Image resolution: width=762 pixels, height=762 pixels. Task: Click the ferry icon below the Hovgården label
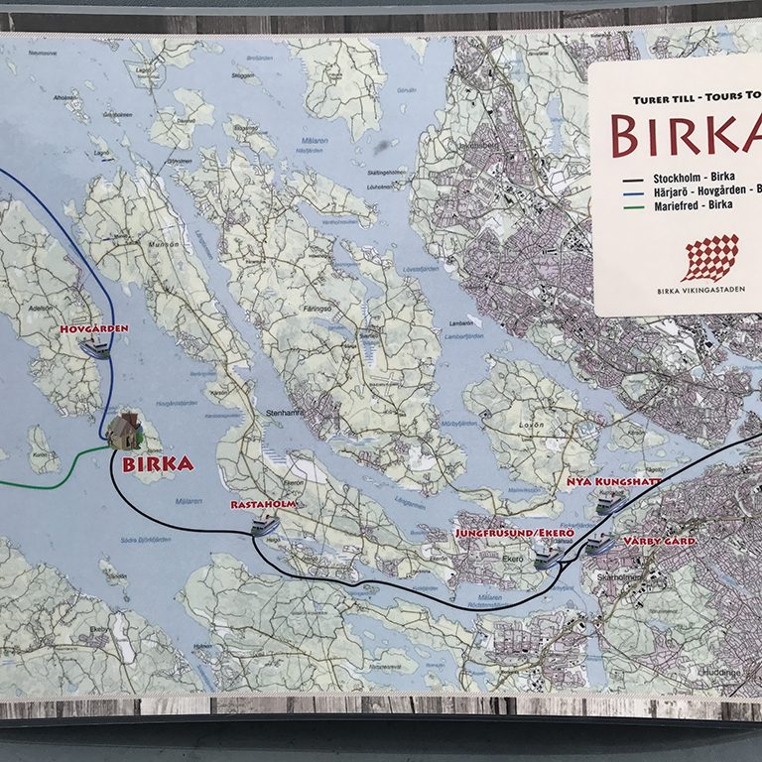pos(96,346)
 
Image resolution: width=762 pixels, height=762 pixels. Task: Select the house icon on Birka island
pos(126,431)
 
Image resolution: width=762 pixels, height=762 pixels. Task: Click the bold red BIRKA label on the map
pos(157,462)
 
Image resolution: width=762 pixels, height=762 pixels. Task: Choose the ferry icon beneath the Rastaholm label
pos(262,525)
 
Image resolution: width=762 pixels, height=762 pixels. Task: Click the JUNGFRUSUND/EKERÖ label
pos(514,533)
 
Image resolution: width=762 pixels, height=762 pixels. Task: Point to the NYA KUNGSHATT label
pos(612,483)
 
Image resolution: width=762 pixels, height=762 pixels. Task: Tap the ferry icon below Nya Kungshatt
pos(609,503)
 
